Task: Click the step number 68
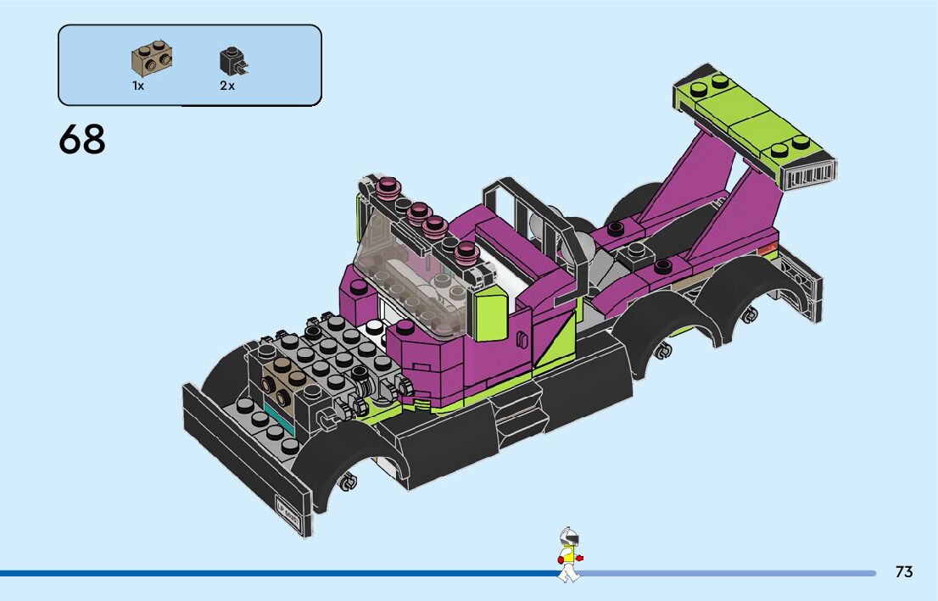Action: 82,139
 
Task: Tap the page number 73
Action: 904,571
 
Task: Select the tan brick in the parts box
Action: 152,58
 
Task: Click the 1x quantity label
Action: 138,86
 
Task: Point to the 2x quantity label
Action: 227,86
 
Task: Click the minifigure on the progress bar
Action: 570,554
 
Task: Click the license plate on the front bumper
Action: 288,509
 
